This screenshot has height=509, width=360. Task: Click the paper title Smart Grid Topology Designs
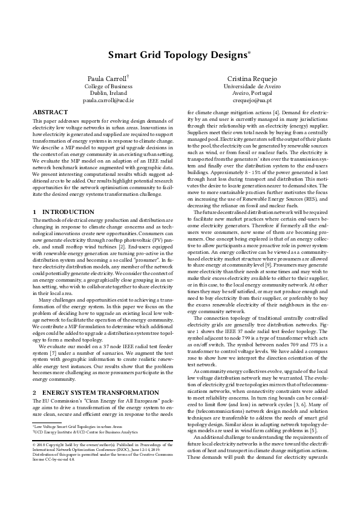tap(178, 55)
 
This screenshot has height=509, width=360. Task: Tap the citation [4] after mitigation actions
tap(281, 112)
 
